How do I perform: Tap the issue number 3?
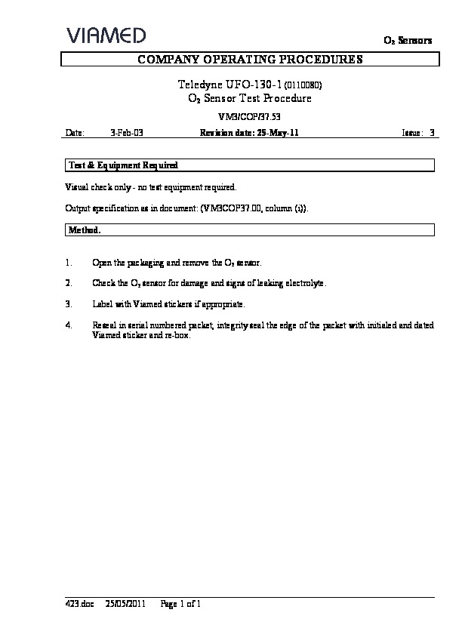coord(432,132)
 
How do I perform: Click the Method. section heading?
coord(85,229)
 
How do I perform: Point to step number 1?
coord(69,263)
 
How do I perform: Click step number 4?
coord(69,325)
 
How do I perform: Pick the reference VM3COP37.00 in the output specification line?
coord(233,207)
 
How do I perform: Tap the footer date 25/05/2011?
coord(125,604)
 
